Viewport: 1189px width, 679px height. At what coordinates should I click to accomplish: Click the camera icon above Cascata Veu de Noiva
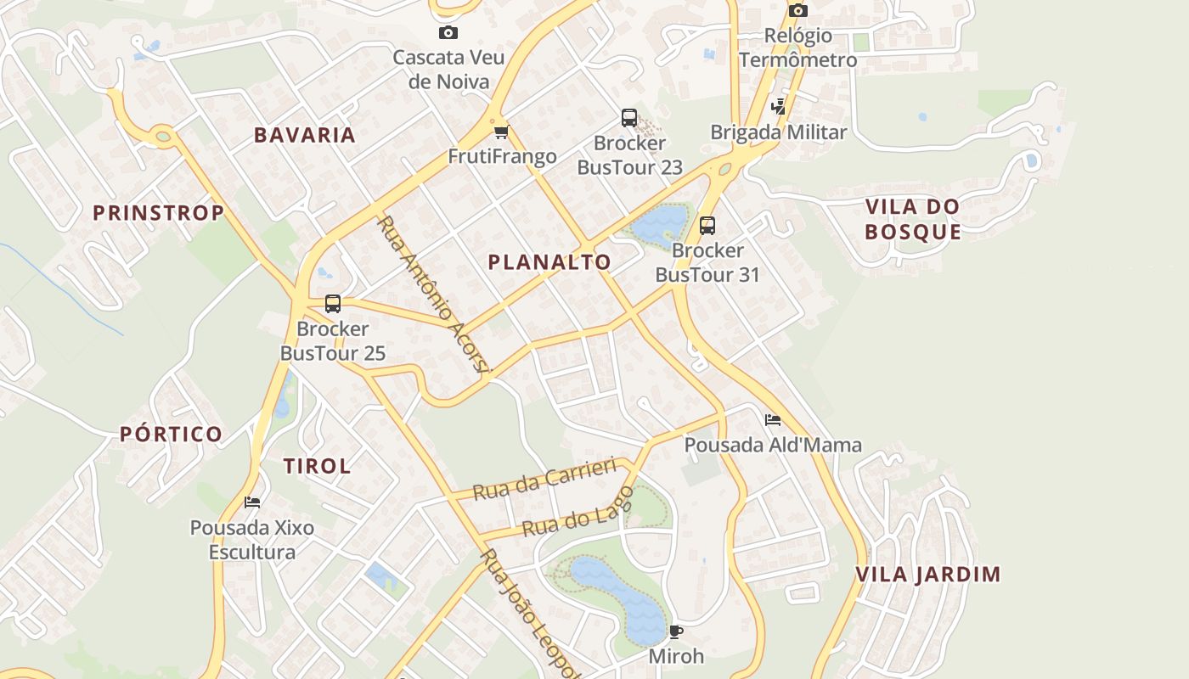pos(448,33)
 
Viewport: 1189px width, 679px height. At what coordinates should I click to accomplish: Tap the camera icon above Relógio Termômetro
pos(797,10)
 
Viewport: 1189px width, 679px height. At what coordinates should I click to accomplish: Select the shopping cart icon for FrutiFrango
pos(501,132)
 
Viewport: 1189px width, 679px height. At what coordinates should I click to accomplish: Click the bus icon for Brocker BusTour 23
pos(629,118)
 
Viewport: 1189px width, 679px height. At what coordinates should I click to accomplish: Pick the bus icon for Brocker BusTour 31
pos(707,226)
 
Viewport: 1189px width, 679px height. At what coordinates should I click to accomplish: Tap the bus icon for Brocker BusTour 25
pos(333,304)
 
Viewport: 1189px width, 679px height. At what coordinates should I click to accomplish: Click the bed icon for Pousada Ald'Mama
pos(772,420)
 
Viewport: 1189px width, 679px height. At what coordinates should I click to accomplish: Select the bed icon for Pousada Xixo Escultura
pos(252,502)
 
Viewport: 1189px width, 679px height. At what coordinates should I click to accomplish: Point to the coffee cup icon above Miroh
pos(676,631)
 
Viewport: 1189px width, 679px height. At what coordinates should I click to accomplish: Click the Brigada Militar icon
pos(778,107)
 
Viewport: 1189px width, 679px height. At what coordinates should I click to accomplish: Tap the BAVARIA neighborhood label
pos(305,135)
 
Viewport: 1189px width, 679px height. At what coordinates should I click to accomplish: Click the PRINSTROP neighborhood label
pos(159,213)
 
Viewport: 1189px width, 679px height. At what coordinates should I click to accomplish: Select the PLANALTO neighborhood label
pos(549,262)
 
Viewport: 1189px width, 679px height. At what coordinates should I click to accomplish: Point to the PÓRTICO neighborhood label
pos(172,435)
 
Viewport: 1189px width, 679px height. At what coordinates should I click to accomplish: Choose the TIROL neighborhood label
pos(318,466)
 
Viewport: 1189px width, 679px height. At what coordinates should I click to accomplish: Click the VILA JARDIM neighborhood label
pos(928,575)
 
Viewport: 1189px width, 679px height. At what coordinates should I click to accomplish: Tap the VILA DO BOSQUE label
pos(913,219)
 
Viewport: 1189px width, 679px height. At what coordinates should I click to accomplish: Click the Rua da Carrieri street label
pos(544,480)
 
